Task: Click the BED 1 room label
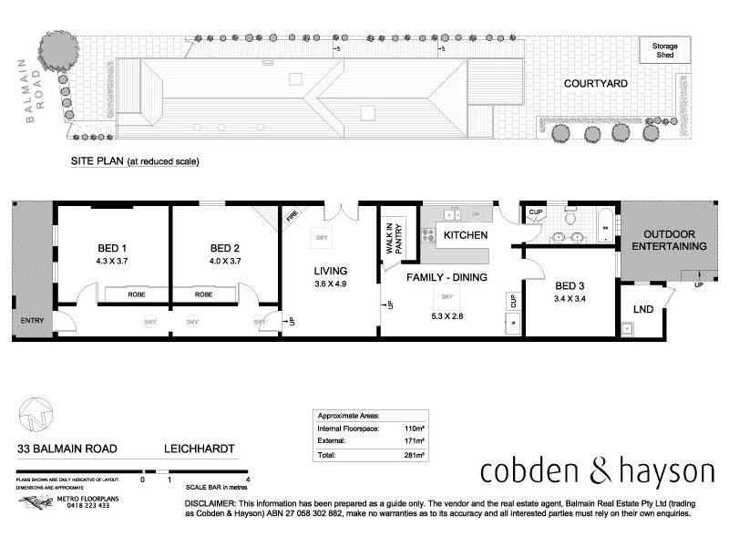pos(111,249)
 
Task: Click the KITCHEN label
pos(465,235)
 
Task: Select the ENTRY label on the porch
pos(32,320)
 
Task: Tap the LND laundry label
pos(642,310)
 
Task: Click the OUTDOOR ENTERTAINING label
pos(669,239)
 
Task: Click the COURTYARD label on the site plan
pos(595,83)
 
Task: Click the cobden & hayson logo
pos(597,471)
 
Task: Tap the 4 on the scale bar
pos(248,479)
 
